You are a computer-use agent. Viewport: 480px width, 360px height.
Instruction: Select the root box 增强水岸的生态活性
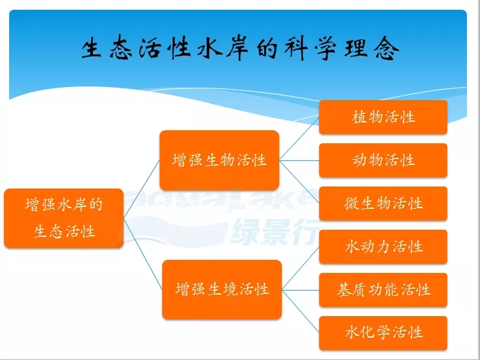tap(64, 218)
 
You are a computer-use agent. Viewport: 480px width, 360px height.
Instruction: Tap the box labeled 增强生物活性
tap(219, 160)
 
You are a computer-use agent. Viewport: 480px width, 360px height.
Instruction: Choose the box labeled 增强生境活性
tap(222, 289)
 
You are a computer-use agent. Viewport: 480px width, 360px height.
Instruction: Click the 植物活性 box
tap(383, 117)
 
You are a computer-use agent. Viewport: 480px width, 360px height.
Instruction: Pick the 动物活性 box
tap(383, 160)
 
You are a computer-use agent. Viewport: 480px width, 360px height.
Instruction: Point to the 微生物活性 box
tap(383, 204)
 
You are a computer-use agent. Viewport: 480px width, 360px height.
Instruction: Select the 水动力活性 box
tap(383, 247)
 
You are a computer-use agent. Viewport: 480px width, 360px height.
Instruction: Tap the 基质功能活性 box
tap(383, 290)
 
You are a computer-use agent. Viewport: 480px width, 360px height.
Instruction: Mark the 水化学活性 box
tap(383, 333)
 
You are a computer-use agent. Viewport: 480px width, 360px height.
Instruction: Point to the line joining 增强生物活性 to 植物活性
tap(300, 138)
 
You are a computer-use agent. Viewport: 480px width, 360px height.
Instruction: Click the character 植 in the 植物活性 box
tap(360, 117)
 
